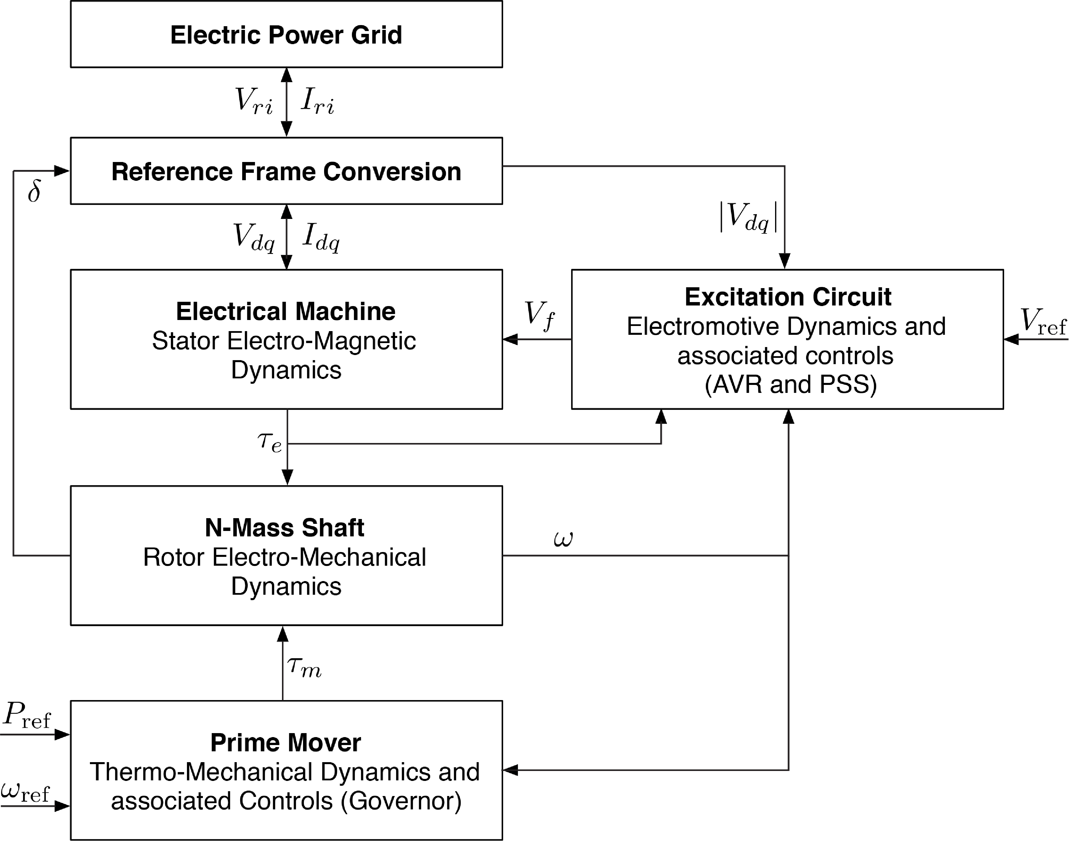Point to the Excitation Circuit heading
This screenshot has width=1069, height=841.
[788, 297]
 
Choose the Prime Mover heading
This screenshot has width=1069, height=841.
[285, 742]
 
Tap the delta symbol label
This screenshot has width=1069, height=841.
[34, 192]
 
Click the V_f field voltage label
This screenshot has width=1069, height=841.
[539, 315]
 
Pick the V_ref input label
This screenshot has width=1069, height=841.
[1043, 321]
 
